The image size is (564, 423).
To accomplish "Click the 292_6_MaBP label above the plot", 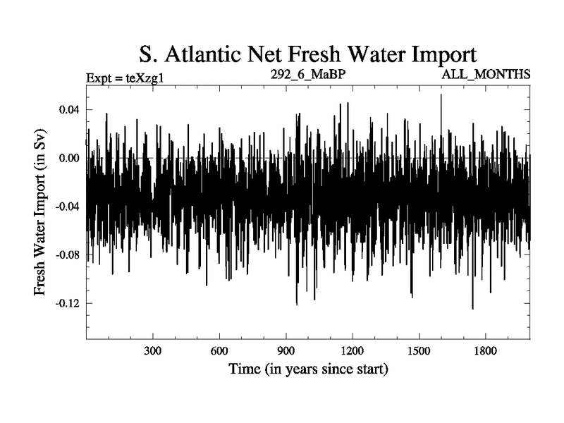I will click(307, 73).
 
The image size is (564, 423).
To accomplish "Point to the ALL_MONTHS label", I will click(486, 74).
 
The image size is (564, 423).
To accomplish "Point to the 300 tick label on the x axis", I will click(153, 351).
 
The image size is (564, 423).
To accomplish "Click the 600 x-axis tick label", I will click(219, 351).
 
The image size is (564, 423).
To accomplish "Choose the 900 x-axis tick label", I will click(286, 351).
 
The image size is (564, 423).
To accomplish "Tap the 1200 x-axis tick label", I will click(352, 351).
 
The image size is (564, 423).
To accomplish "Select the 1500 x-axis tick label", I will click(419, 351).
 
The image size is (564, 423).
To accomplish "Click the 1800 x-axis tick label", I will click(485, 351).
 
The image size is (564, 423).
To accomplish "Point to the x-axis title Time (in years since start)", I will click(308, 369).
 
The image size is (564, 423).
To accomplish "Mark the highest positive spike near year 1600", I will click(441, 95).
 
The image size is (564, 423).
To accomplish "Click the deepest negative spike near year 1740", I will click(472, 308).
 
